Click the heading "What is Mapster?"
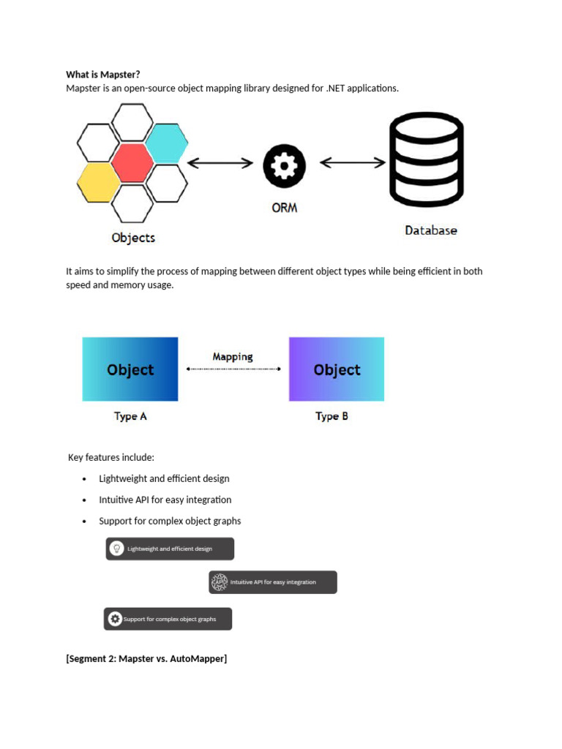click(102, 74)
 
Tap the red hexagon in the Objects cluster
click(132, 163)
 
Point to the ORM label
click(284, 208)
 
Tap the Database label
click(431, 230)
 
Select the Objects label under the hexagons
click(133, 238)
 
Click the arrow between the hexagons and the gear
click(220, 163)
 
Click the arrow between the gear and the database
click(353, 162)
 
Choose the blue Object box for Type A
click(130, 369)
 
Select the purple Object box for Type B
click(337, 369)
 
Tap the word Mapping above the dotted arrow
click(233, 357)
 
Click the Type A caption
click(130, 416)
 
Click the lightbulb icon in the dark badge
click(116, 549)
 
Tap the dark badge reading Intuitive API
click(273, 582)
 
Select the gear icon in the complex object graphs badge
click(114, 619)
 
